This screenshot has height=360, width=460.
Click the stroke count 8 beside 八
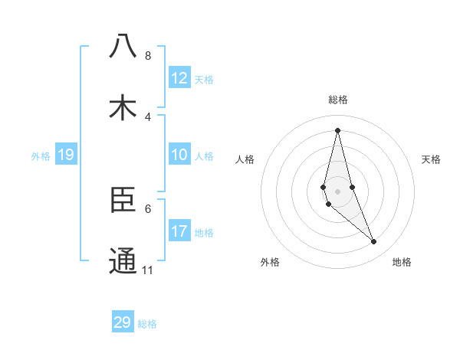[148, 56]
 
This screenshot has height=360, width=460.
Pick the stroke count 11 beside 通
[148, 270]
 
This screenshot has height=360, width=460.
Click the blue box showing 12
[179, 78]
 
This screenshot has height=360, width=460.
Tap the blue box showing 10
[179, 155]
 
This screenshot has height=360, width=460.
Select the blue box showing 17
[179, 231]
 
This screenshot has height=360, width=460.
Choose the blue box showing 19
[65, 155]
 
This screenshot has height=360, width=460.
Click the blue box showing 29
[122, 322]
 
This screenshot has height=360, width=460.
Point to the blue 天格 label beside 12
[204, 80]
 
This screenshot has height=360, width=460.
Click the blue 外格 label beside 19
[41, 156]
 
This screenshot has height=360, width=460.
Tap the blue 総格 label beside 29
[147, 324]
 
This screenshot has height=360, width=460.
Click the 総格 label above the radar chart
[338, 100]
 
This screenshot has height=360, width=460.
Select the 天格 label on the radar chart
[432, 159]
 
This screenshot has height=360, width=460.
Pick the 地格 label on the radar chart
[402, 262]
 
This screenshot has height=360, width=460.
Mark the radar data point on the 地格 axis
[374, 242]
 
